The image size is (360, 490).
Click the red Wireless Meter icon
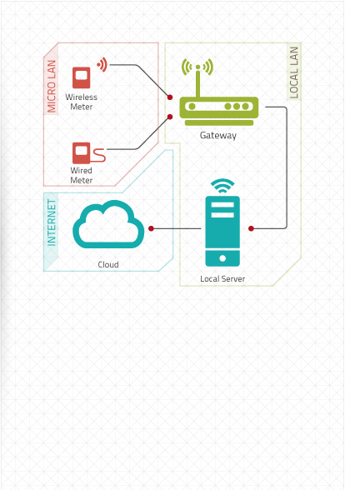click(x=82, y=77)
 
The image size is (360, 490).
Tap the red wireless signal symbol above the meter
click(x=102, y=65)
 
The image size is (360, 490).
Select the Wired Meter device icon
click(x=88, y=153)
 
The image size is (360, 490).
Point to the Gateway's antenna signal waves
click(x=197, y=67)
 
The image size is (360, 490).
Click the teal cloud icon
click(x=108, y=224)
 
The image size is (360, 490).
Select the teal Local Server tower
click(x=222, y=232)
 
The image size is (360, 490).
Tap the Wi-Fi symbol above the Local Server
click(x=222, y=186)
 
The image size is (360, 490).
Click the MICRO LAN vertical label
click(x=52, y=87)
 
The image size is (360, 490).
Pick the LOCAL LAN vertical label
click(x=293, y=72)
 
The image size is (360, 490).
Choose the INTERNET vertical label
click(x=52, y=222)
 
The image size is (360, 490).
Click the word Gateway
click(x=218, y=135)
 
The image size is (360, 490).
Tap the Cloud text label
click(x=108, y=265)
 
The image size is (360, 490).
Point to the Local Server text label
click(x=222, y=278)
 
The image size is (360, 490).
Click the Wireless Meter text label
click(x=82, y=102)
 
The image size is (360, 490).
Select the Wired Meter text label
click(x=82, y=175)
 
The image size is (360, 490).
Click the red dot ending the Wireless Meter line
click(x=170, y=97)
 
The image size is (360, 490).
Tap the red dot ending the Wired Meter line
click(x=170, y=117)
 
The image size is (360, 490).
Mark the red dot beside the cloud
click(x=152, y=228)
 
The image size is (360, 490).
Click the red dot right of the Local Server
click(x=251, y=228)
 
